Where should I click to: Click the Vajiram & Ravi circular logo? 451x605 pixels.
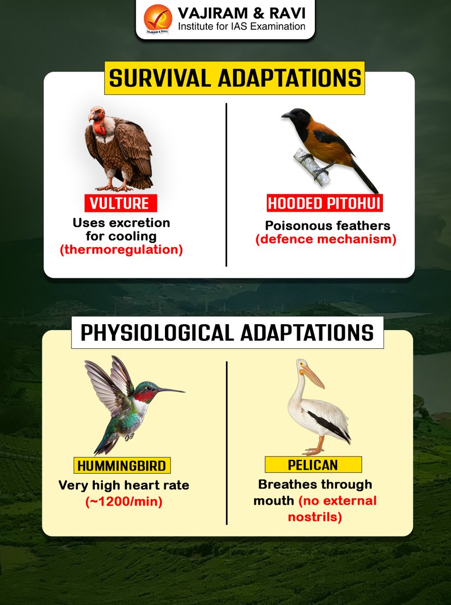[x=158, y=19]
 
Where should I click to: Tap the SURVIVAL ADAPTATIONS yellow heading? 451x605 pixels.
[x=235, y=78]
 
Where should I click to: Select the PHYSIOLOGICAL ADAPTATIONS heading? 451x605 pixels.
[x=227, y=333]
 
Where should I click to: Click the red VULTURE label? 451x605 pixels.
[x=120, y=203]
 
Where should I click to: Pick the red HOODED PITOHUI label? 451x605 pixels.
[x=324, y=203]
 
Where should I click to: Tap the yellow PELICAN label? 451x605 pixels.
[x=313, y=464]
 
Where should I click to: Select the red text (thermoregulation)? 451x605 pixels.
[x=121, y=250]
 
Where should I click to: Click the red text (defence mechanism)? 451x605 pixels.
[x=326, y=239]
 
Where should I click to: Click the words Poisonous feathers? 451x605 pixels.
[x=328, y=225]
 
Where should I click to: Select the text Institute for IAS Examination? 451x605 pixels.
[x=240, y=26]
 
